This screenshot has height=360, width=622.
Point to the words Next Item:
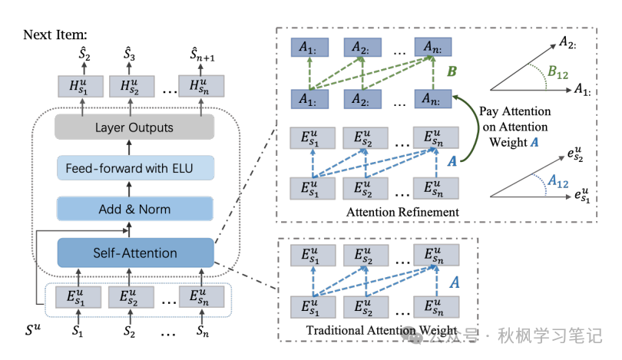(55, 35)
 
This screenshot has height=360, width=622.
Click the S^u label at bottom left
(36, 333)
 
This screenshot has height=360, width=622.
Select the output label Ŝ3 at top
(130, 54)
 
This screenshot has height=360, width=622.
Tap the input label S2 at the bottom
(131, 333)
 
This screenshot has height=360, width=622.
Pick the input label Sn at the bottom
(201, 333)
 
